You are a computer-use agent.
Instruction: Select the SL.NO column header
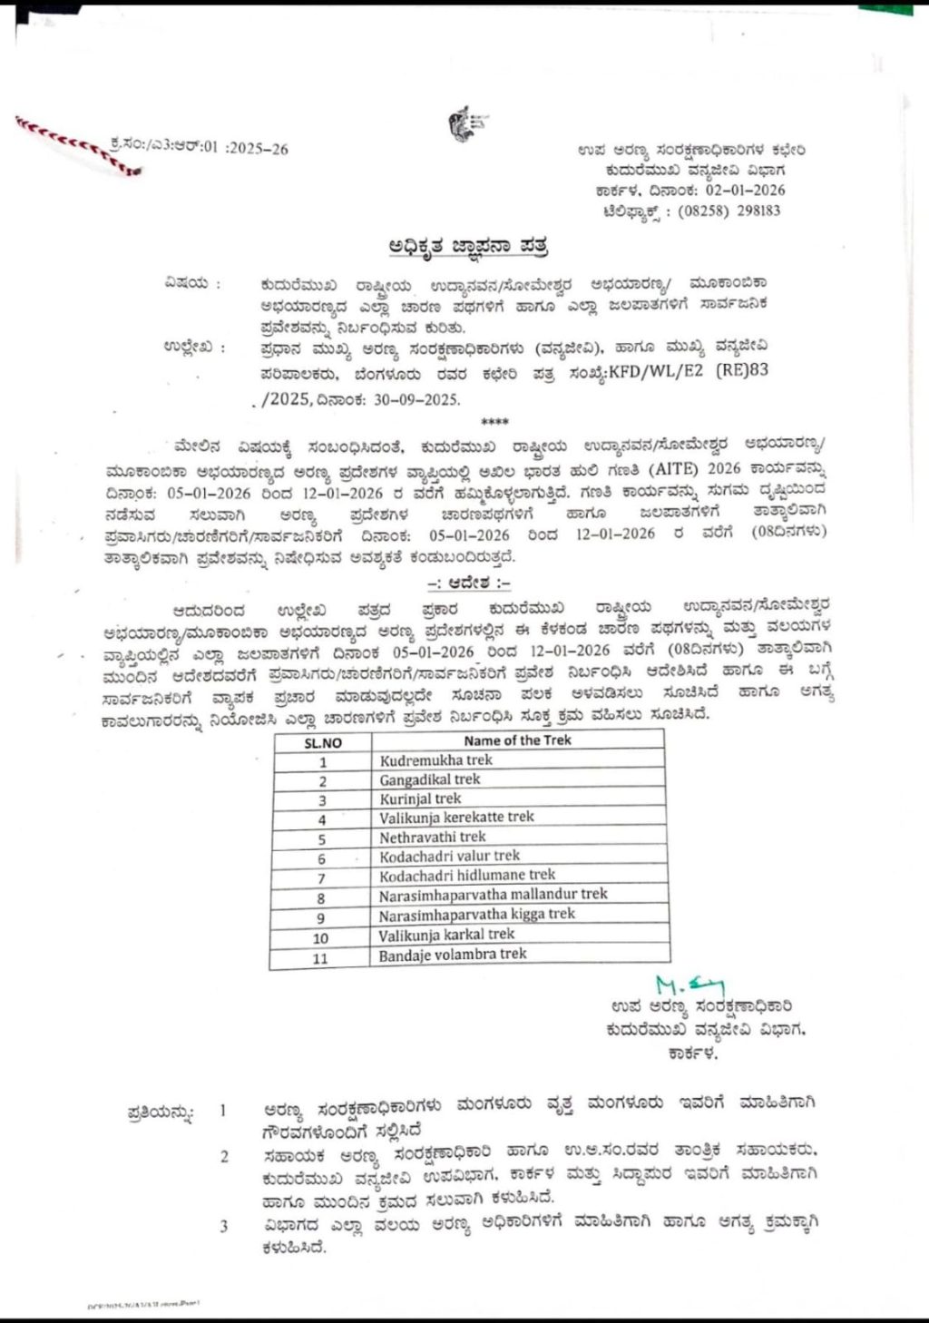(322, 741)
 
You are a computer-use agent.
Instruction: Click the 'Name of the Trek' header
(517, 740)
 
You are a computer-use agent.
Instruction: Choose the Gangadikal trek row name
(430, 779)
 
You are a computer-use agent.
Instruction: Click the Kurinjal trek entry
(420, 799)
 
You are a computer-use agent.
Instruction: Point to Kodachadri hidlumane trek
(467, 875)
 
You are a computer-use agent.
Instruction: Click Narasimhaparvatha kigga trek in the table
(477, 914)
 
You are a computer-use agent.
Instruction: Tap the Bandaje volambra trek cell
(453, 954)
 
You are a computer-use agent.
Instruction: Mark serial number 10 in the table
(320, 938)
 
